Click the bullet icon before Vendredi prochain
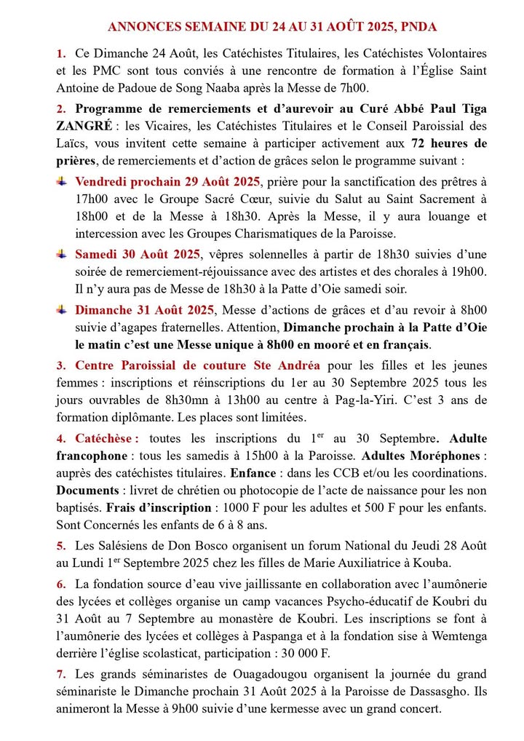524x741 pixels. pyautogui.click(x=62, y=181)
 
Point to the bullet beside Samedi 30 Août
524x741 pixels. pyautogui.click(x=62, y=254)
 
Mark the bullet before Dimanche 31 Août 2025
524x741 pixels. pyautogui.click(x=62, y=309)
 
